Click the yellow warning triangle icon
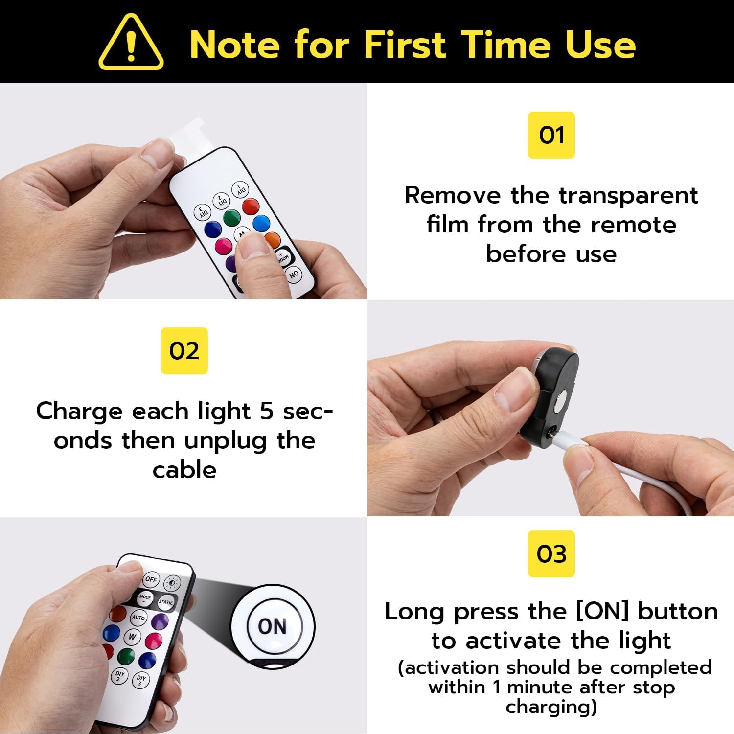pyautogui.click(x=131, y=43)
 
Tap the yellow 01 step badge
pyautogui.click(x=551, y=135)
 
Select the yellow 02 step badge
pyautogui.click(x=184, y=351)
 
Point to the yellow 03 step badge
pyautogui.click(x=551, y=554)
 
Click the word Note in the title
pyautogui.click(x=234, y=45)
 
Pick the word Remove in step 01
pyautogui.click(x=453, y=196)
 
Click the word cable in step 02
pyautogui.click(x=184, y=470)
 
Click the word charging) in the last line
pyautogui.click(x=551, y=707)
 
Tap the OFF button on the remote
pyautogui.click(x=151, y=579)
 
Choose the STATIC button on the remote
pyautogui.click(x=166, y=602)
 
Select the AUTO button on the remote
pyautogui.click(x=138, y=618)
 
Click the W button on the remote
pyautogui.click(x=132, y=637)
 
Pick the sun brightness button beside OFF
pyautogui.click(x=172, y=583)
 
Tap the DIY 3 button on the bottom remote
pyautogui.click(x=141, y=680)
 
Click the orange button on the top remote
pyautogui.click(x=272, y=240)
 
